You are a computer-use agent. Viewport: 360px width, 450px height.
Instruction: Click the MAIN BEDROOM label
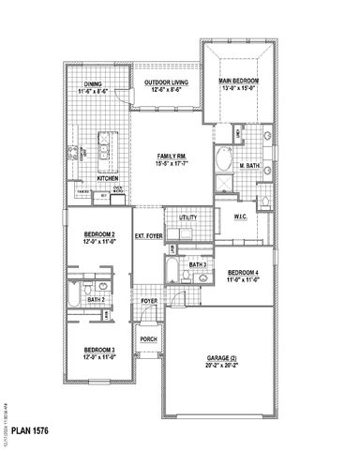tap(239, 82)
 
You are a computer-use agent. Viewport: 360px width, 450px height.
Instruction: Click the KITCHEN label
tap(107, 177)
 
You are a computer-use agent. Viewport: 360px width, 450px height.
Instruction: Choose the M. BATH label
tap(248, 166)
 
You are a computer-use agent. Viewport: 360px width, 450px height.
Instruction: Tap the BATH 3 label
tap(197, 265)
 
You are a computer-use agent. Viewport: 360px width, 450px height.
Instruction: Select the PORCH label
tap(147, 338)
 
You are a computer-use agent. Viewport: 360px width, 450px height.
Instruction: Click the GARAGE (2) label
tap(222, 358)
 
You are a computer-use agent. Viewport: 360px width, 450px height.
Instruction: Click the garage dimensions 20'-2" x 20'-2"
tap(222, 367)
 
